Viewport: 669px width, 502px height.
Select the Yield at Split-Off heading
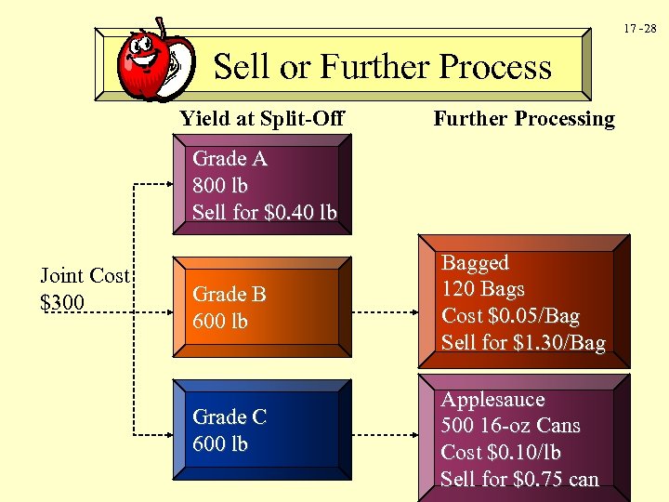[262, 118]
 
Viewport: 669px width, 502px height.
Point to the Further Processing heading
[524, 118]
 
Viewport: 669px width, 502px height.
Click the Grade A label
[230, 159]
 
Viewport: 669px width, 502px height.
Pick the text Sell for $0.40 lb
[264, 212]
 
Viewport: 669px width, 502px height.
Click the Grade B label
[230, 295]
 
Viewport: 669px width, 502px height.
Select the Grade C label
[230, 417]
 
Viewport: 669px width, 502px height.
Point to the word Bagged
[475, 263]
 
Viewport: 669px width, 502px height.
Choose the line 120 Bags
[483, 289]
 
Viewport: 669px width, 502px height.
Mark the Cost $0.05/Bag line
[510, 316]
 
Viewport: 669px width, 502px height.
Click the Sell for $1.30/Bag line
[522, 343]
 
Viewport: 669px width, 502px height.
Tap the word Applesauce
[492, 400]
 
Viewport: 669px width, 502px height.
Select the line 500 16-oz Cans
[510, 426]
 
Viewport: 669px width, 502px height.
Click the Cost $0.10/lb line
[502, 453]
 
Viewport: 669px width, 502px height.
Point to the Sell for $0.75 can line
[519, 480]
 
